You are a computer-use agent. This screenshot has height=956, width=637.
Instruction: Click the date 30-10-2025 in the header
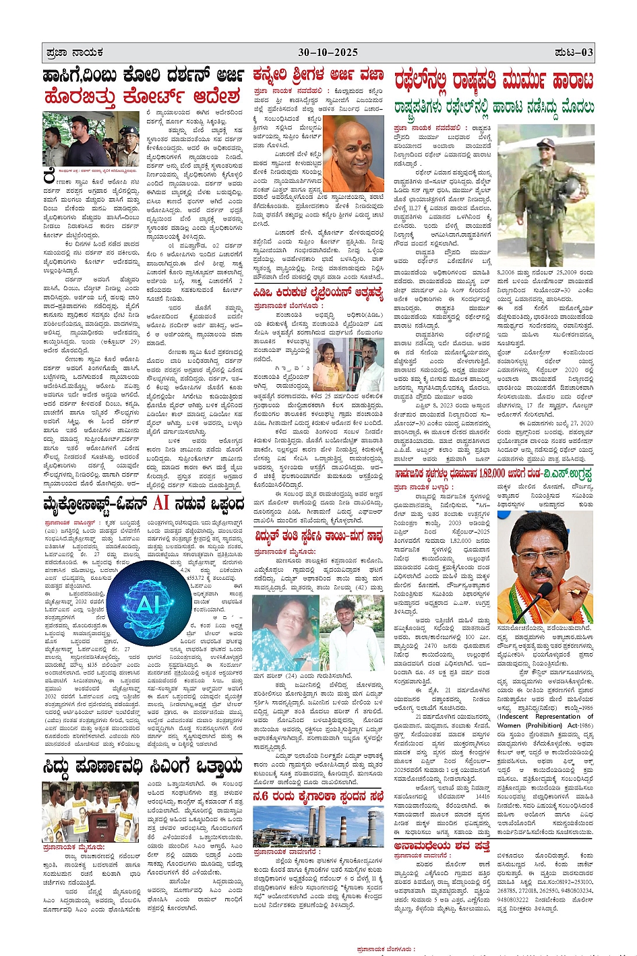point(328,52)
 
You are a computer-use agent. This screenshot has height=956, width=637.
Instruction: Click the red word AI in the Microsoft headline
point(160,503)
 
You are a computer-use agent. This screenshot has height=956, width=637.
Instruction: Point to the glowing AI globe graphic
point(148,605)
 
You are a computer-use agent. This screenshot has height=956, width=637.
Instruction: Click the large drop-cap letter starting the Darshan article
point(49,178)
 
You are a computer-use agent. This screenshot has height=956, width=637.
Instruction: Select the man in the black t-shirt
point(73,142)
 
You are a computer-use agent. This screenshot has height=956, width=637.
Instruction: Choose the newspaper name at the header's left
point(75,52)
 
